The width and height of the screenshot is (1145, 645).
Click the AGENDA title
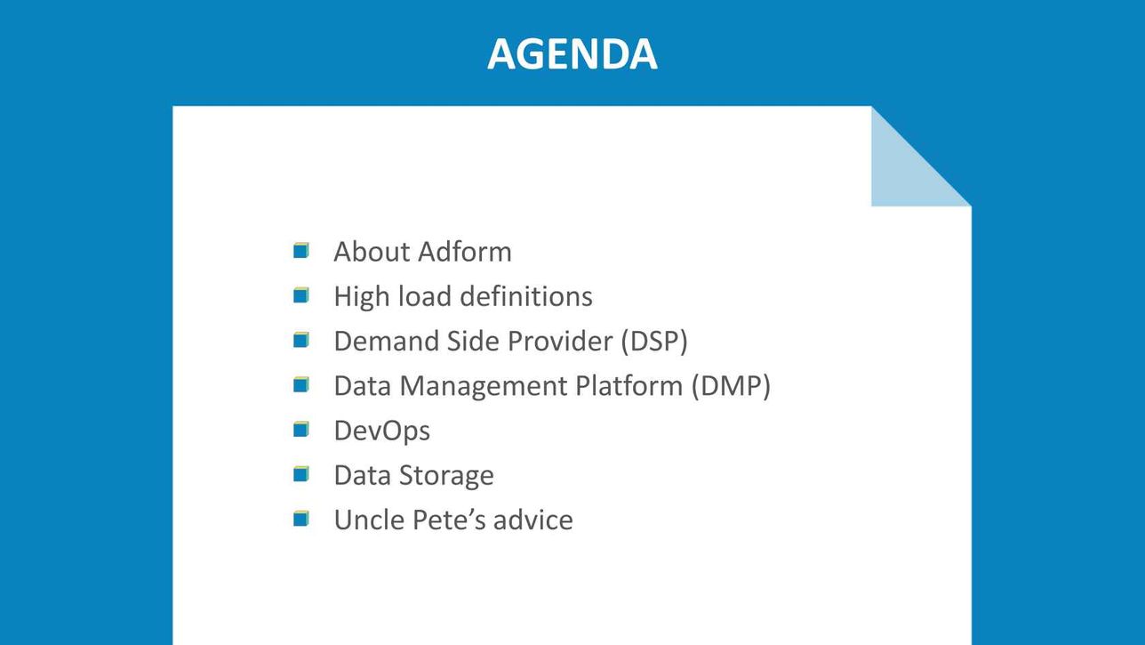[572, 53]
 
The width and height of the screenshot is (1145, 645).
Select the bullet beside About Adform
[301, 251]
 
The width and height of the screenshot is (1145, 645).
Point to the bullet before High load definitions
[301, 295]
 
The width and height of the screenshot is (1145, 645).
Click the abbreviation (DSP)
[654, 341]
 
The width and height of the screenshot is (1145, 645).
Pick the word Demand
[387, 341]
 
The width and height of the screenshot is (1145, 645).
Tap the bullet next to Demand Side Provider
[301, 340]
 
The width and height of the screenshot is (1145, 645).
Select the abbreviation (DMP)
[731, 386]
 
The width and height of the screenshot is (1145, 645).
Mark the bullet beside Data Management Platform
[301, 384]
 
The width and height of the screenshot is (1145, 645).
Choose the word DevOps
[382, 431]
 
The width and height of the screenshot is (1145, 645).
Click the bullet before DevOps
[301, 429]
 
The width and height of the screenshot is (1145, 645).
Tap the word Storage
[446, 476]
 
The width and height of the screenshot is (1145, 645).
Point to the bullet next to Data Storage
[301, 474]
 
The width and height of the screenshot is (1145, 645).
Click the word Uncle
[369, 520]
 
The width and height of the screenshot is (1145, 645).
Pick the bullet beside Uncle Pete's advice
[301, 519]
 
